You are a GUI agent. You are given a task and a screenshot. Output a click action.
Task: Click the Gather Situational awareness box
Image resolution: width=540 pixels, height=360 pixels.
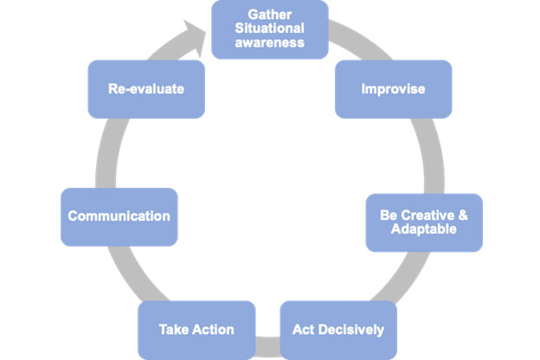pyautogui.click(x=269, y=29)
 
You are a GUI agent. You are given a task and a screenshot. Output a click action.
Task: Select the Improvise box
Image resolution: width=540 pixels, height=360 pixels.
pyautogui.click(x=394, y=88)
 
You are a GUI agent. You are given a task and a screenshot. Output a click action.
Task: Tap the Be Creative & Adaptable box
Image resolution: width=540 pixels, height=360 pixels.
pyautogui.click(x=424, y=222)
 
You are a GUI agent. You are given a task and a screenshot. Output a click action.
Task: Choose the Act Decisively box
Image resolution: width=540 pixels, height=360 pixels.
pyautogui.click(x=338, y=329)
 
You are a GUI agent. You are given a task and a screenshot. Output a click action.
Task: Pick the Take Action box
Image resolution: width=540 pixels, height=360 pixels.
pyautogui.click(x=196, y=329)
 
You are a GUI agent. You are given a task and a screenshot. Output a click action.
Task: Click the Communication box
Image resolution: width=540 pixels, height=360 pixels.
pyautogui.click(x=119, y=215)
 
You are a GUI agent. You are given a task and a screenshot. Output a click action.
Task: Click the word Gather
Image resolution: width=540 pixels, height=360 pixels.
pyautogui.click(x=269, y=15)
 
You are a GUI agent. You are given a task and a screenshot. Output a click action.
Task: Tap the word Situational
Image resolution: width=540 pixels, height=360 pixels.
pyautogui.click(x=269, y=29)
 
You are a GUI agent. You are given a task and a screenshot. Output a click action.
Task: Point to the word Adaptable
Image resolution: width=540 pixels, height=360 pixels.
pyautogui.click(x=424, y=229)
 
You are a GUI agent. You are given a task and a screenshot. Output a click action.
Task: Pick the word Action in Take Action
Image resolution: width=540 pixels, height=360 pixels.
pyautogui.click(x=211, y=329)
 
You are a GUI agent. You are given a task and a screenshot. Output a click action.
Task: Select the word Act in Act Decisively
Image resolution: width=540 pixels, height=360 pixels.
pyautogui.click(x=304, y=329)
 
